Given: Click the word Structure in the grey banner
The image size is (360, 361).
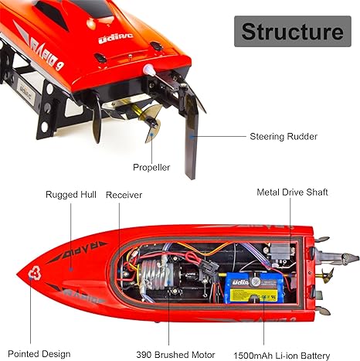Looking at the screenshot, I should [291, 32].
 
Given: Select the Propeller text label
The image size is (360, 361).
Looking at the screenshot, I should [151, 167].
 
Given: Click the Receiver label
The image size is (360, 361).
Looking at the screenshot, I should [124, 195].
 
